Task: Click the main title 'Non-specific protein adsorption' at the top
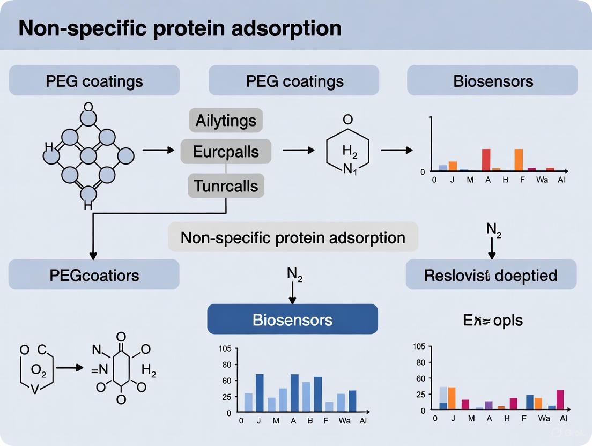(180, 28)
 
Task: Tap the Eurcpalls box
(226, 152)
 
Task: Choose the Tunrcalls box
(226, 186)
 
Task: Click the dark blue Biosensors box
(292, 320)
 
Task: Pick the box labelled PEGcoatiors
(94, 275)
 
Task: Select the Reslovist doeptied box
(491, 275)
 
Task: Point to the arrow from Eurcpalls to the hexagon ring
(298, 151)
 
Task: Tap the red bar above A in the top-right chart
(486, 159)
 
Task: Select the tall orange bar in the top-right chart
(519, 159)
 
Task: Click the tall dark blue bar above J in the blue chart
(260, 393)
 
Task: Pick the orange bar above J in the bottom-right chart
(452, 398)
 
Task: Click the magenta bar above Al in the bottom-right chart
(560, 400)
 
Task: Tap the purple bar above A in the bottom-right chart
(489, 405)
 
